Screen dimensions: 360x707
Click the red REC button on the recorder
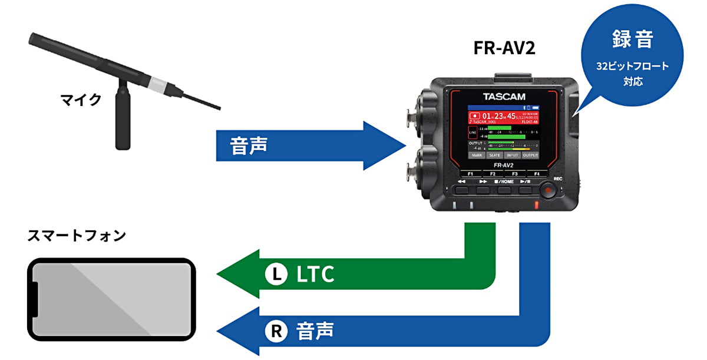(x=549, y=190)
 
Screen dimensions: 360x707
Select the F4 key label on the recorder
(x=536, y=174)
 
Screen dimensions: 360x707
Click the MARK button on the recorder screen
(x=477, y=155)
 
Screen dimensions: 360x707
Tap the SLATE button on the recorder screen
(x=495, y=155)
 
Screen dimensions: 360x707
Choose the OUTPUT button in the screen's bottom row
(x=530, y=155)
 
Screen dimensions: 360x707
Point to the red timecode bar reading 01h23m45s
(x=504, y=115)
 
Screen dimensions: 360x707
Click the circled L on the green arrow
(x=276, y=273)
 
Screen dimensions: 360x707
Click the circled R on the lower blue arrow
(x=276, y=332)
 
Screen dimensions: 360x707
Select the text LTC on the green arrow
(x=315, y=273)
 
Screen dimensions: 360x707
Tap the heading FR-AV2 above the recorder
(x=504, y=48)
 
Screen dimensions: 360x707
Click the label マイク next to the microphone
(x=81, y=100)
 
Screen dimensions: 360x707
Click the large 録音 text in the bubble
(x=632, y=41)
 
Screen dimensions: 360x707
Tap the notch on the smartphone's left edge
(x=35, y=300)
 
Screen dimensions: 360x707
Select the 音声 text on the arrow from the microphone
(x=249, y=145)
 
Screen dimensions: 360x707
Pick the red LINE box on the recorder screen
(x=473, y=133)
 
